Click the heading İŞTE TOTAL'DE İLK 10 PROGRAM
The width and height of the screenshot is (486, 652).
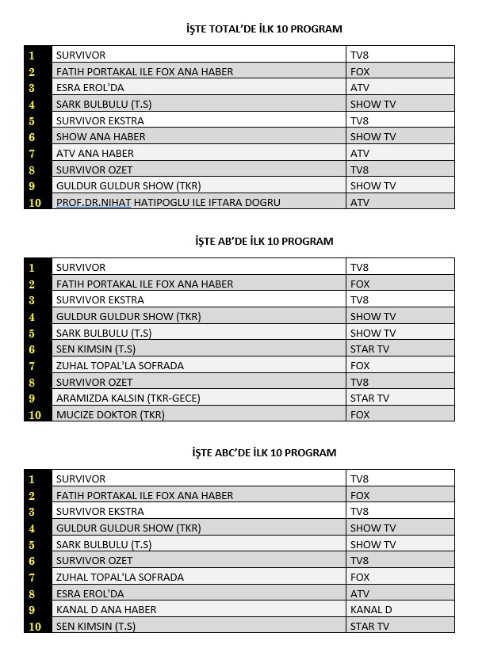coord(263,29)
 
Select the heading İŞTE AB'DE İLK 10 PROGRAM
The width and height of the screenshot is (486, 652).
coord(263,241)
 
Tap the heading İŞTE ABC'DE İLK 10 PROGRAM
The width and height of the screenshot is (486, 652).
coord(263,452)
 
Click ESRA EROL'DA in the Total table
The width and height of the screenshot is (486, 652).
coord(90,88)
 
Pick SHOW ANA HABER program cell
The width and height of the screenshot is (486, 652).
coord(101,137)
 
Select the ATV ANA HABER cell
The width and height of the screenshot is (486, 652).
coord(95,153)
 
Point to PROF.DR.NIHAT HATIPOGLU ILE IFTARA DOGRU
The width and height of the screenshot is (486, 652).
coord(168,202)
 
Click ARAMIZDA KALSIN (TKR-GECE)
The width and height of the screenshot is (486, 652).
coord(128,398)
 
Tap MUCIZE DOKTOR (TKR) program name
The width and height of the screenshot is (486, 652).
coord(110,414)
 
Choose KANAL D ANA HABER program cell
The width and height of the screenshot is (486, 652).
coord(106,610)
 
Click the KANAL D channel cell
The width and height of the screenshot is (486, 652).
coord(371,610)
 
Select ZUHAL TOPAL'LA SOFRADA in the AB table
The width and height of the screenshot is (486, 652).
coord(120,365)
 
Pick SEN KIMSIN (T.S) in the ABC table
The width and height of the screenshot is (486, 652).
coord(96,626)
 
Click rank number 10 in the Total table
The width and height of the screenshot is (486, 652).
coord(33,202)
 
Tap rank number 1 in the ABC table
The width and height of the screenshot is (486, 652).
coord(33,479)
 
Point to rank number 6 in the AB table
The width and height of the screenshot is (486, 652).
coord(33,349)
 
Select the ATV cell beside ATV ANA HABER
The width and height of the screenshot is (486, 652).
coord(360,153)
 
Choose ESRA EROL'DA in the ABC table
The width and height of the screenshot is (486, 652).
coord(90,593)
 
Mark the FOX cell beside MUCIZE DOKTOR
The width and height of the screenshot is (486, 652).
coord(360,414)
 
